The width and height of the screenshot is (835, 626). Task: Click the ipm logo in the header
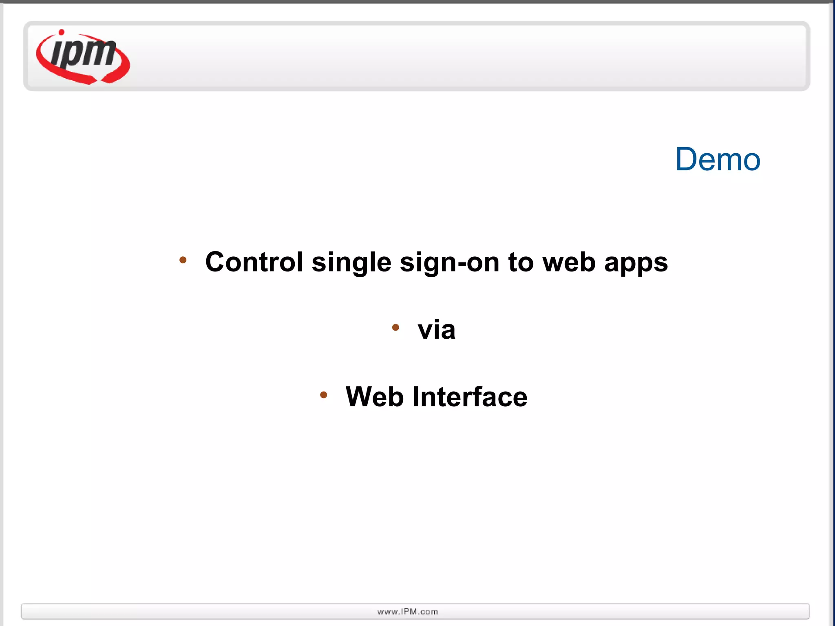pyautogui.click(x=83, y=57)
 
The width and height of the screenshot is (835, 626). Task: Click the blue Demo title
pyautogui.click(x=718, y=159)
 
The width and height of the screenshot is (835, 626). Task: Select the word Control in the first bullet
pyautogui.click(x=254, y=262)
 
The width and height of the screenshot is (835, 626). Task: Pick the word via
pyautogui.click(x=436, y=329)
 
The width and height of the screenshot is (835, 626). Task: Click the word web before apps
pyautogui.click(x=569, y=262)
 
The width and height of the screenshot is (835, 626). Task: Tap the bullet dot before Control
pyautogui.click(x=183, y=260)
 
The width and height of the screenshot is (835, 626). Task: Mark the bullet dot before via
pyautogui.click(x=395, y=327)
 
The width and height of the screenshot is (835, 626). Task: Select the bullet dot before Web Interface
pyautogui.click(x=323, y=395)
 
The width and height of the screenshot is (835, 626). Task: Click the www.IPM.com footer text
pyautogui.click(x=408, y=612)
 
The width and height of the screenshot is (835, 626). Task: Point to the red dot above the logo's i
pyautogui.click(x=62, y=32)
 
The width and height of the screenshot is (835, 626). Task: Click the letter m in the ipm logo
pyautogui.click(x=100, y=53)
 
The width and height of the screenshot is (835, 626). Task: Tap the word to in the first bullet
pyautogui.click(x=521, y=262)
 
